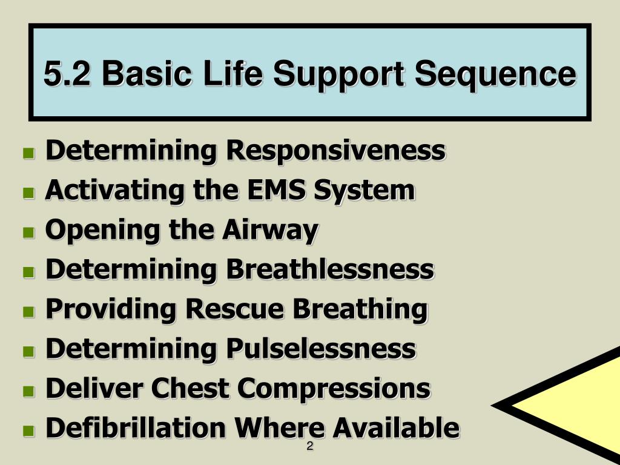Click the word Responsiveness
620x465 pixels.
(x=336, y=151)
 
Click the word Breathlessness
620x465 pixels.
(x=330, y=269)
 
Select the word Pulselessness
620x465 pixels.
(x=321, y=349)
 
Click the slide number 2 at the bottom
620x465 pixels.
(x=309, y=447)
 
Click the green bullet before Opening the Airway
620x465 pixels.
(x=28, y=232)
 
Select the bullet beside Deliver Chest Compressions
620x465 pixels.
(x=28, y=391)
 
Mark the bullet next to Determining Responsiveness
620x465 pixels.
(x=28, y=153)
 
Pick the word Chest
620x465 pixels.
(x=182, y=388)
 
